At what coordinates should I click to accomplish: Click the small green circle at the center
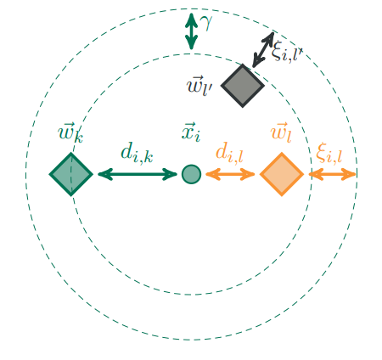[191, 174]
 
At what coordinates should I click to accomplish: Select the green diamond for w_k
[70, 174]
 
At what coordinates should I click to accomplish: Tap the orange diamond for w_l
[281, 174]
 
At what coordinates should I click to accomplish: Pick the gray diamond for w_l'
[243, 85]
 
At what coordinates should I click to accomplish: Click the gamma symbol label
[206, 20]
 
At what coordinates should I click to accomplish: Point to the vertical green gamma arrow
[192, 31]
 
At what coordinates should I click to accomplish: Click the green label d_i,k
[137, 154]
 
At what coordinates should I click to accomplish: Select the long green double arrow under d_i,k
[138, 174]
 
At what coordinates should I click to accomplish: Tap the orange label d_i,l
[229, 154]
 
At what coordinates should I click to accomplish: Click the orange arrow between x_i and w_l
[230, 174]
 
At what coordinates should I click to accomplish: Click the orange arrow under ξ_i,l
[333, 174]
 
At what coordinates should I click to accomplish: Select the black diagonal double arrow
[262, 50]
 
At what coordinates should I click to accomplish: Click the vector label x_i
[192, 132]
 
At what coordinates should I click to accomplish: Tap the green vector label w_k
[70, 132]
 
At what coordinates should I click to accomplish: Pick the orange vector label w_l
[280, 132]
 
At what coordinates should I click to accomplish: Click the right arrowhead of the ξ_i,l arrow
[351, 174]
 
